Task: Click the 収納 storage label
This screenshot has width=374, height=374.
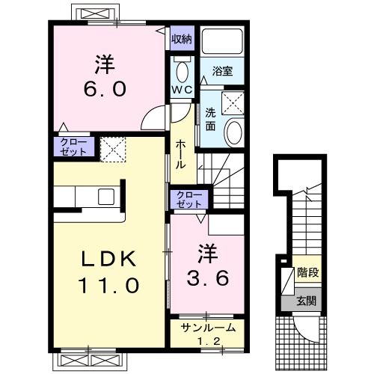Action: (x=182, y=39)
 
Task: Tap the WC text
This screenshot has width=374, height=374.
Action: (x=182, y=90)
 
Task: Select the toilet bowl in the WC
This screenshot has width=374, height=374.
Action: (x=183, y=72)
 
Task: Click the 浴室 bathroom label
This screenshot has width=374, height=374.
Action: (x=222, y=71)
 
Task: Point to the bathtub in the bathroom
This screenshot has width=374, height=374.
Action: (x=222, y=41)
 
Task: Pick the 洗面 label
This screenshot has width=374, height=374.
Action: (x=210, y=120)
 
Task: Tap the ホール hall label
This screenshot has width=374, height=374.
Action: (x=181, y=154)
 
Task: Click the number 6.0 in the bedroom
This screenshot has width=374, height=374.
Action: (x=105, y=89)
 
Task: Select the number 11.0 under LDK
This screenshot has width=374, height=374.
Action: (x=108, y=285)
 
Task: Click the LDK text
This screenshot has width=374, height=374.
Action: (x=108, y=259)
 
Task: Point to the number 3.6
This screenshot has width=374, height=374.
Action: (x=208, y=278)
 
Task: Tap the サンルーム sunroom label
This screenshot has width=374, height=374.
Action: (x=209, y=328)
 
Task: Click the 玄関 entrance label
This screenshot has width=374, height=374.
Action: (x=306, y=301)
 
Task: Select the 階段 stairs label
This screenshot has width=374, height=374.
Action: (x=308, y=272)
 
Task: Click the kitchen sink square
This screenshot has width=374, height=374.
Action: (x=106, y=197)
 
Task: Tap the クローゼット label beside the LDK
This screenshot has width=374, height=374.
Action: (x=74, y=147)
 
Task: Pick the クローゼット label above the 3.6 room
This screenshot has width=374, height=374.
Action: (x=188, y=200)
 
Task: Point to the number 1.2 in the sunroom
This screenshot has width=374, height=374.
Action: (x=209, y=341)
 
